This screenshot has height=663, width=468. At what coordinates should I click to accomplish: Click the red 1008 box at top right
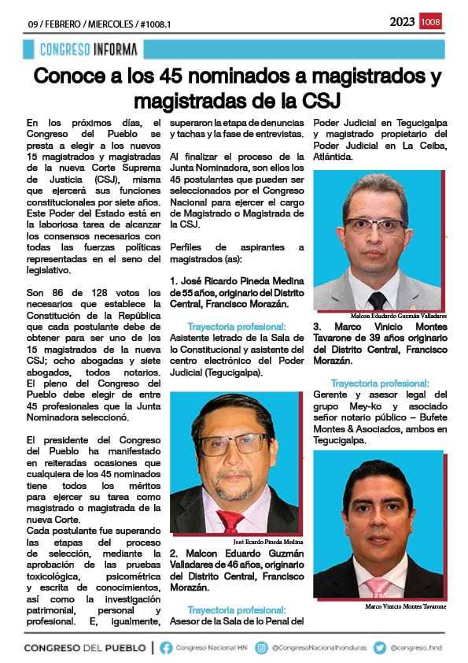tap(431, 22)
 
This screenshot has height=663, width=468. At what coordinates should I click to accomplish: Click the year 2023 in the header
tap(402, 22)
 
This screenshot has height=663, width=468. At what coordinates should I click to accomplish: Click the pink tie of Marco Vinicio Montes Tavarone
tap(378, 588)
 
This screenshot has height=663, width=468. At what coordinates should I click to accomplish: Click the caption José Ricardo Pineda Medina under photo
tap(267, 542)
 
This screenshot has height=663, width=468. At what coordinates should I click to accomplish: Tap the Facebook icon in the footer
tap(166, 648)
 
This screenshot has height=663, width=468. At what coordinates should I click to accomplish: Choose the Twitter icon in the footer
tap(380, 648)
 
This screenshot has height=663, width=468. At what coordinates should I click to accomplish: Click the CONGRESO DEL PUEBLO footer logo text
tap(85, 648)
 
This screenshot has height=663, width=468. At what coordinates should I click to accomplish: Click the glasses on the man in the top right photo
tap(375, 224)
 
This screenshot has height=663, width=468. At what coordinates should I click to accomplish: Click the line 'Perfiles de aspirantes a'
tap(237, 247)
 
